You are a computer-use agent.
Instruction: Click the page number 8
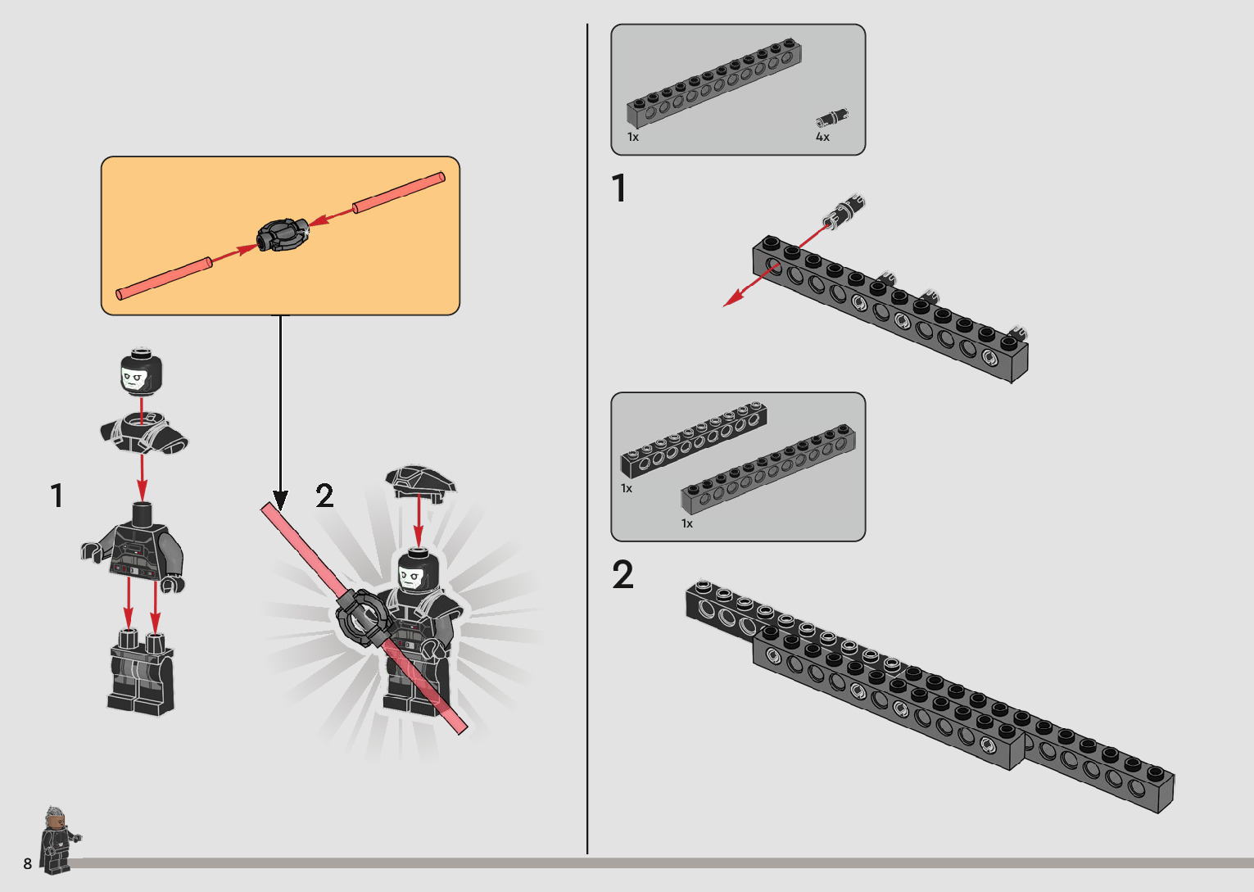(x=27, y=863)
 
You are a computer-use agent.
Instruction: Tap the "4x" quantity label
(x=822, y=137)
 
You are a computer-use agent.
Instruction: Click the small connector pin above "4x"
(x=832, y=118)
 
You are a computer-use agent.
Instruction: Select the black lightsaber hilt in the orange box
(x=283, y=234)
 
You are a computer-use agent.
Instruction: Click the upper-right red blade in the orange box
(x=399, y=192)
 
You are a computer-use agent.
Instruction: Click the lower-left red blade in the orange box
(x=164, y=278)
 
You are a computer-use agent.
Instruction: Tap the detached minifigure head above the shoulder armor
(x=141, y=371)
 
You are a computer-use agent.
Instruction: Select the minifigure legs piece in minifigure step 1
(x=141, y=672)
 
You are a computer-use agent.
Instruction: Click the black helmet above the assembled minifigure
(x=421, y=481)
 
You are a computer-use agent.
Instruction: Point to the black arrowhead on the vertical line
(x=280, y=500)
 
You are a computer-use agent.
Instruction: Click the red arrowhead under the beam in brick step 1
(x=732, y=300)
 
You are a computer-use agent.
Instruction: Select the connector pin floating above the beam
(x=844, y=210)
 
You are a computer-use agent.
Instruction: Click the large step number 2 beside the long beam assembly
(x=622, y=574)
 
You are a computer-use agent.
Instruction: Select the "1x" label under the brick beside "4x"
(x=632, y=137)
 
